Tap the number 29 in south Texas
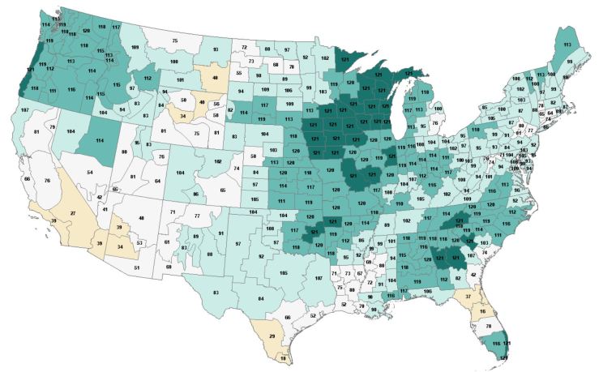(272, 335)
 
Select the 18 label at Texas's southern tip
(283, 357)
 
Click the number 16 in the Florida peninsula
(483, 310)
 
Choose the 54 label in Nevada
(89, 173)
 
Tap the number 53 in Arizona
(139, 242)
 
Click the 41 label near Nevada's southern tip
(105, 210)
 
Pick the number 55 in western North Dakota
(238, 73)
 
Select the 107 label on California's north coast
(25, 109)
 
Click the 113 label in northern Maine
(567, 44)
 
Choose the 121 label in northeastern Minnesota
(345, 59)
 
